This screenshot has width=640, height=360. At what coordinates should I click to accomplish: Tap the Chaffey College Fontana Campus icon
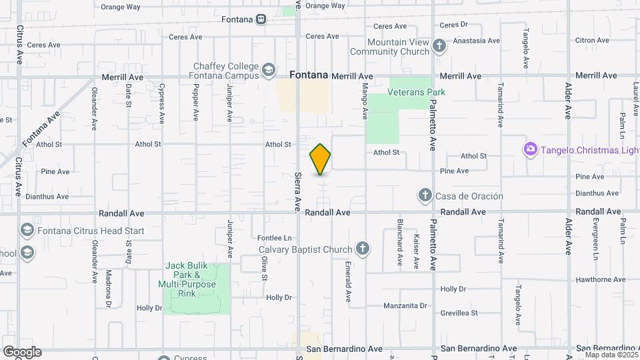(268, 69)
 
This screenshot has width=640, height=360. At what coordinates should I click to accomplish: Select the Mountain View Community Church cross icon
(439, 46)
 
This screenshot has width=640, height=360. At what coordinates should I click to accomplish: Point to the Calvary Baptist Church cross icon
(362, 249)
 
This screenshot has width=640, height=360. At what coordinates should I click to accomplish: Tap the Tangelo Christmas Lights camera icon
(531, 148)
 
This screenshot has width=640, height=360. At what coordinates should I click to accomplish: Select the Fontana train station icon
(263, 19)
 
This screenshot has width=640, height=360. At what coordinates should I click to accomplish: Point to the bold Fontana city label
(309, 75)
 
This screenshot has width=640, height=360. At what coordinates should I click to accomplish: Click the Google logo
(21, 352)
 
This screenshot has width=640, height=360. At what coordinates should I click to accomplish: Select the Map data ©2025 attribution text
(611, 355)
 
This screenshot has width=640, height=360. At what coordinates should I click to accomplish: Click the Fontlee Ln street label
(275, 238)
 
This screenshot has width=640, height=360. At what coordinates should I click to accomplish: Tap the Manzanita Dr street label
(405, 306)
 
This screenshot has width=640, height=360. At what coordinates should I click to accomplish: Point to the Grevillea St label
(459, 313)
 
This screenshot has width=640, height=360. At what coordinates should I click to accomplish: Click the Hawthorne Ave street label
(598, 280)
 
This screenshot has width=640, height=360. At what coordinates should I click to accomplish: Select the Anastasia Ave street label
(476, 41)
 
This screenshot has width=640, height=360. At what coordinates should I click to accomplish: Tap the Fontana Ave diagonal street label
(41, 129)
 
